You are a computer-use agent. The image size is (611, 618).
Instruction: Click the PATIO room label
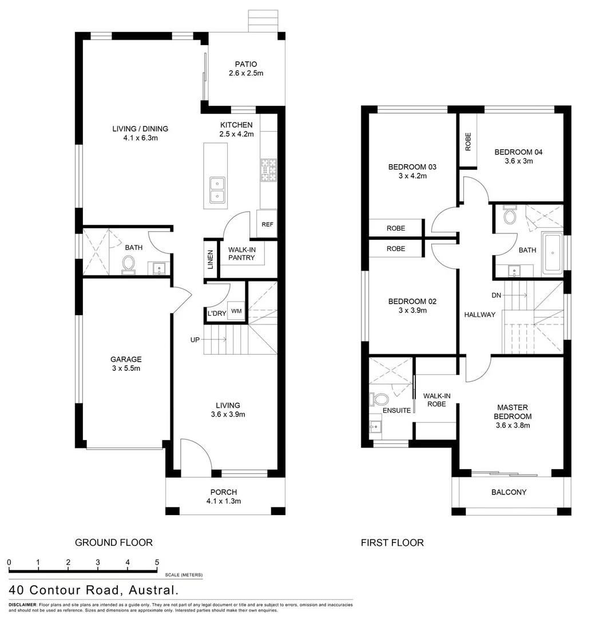tap(246, 64)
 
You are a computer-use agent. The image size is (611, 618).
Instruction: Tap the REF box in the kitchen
tap(267, 224)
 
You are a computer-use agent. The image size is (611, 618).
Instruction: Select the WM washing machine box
tap(236, 311)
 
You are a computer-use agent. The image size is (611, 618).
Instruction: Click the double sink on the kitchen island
tap(217, 190)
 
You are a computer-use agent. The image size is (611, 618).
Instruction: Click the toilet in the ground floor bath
tap(129, 264)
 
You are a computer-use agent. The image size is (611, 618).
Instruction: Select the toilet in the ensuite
tap(379, 398)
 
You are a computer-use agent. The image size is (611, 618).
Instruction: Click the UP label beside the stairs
tap(195, 340)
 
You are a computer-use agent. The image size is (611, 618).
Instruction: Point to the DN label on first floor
tap(497, 295)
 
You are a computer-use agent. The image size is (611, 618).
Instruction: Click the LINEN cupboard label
tap(211, 259)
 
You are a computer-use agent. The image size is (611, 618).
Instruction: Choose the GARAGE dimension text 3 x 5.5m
tap(126, 369)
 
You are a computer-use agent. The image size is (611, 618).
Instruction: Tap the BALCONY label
tap(509, 492)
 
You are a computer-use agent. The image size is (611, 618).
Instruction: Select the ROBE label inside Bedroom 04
tap(468, 141)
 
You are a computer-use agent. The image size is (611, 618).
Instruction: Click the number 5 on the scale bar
tap(157, 562)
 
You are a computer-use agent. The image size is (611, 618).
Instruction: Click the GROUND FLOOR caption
tap(114, 542)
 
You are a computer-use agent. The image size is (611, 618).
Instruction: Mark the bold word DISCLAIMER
tap(22, 605)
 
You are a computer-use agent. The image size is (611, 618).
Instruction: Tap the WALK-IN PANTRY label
tap(241, 254)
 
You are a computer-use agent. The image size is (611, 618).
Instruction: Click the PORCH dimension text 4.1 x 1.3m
tap(224, 501)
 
